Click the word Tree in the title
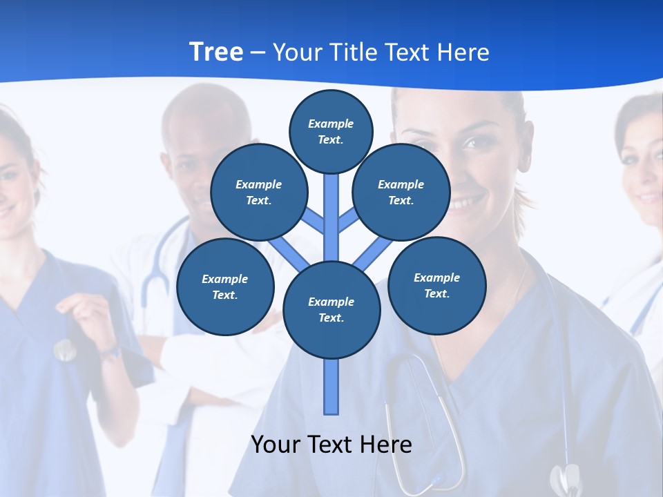pyautogui.click(x=216, y=52)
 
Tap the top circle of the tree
pyautogui.click(x=331, y=131)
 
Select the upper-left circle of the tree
pyautogui.click(x=258, y=192)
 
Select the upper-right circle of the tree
pyautogui.click(x=401, y=192)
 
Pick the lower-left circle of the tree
pyautogui.click(x=224, y=286)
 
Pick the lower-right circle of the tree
pyautogui.click(x=436, y=285)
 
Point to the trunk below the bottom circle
pyautogui.click(x=331, y=387)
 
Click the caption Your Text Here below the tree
pyautogui.click(x=331, y=444)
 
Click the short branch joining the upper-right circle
pyautogui.click(x=348, y=220)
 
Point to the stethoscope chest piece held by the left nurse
pyautogui.click(x=65, y=351)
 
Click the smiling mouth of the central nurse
pyautogui.click(x=469, y=202)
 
